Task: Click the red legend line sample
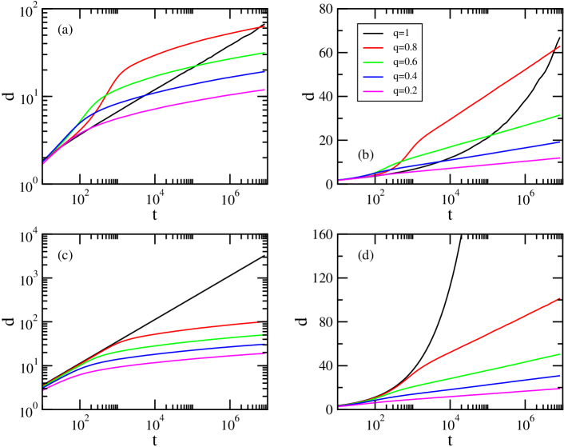pos(373,48)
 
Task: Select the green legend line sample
pos(373,62)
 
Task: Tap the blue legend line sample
pos(373,78)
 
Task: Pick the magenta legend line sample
pos(373,92)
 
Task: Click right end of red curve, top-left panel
pos(264,26)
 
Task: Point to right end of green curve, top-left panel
pos(264,53)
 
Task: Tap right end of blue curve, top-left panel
pos(264,72)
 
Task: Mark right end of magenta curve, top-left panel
pos(264,90)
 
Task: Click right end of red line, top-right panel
pos(559,46)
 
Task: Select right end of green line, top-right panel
pos(559,115)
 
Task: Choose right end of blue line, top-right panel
pos(559,142)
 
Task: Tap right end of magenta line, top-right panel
pos(559,158)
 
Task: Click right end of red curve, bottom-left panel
pos(261,322)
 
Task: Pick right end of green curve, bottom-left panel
pos(262,334)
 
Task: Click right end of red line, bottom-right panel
pos(559,298)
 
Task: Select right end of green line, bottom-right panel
pos(559,353)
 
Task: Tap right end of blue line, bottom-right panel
pos(559,375)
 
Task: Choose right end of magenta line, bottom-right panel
pos(559,389)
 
